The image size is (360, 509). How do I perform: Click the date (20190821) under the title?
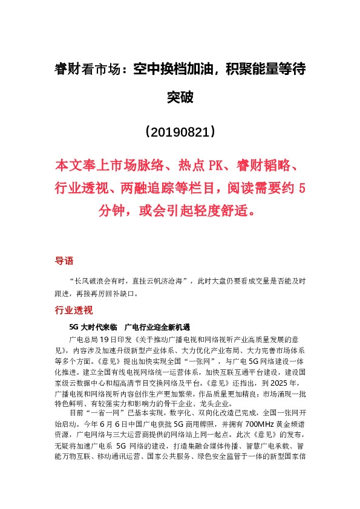click(x=180, y=131)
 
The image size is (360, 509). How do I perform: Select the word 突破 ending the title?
click(x=180, y=97)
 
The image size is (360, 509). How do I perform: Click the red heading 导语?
click(x=64, y=261)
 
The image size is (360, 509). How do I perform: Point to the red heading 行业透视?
click(x=73, y=311)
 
